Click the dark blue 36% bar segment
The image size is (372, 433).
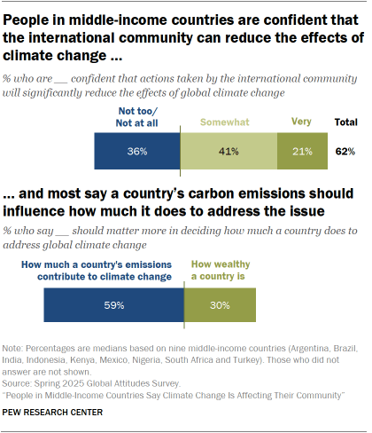(x=137, y=152)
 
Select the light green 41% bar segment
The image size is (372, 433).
(x=229, y=152)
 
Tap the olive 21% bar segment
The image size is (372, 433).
(x=302, y=152)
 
